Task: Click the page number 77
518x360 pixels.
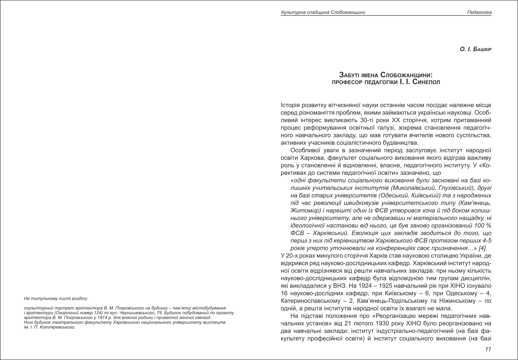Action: tap(488, 349)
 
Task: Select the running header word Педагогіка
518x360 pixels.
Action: tap(479, 13)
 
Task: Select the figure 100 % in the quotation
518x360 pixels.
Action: tap(482, 226)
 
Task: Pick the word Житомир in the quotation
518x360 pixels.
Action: tap(303, 210)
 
